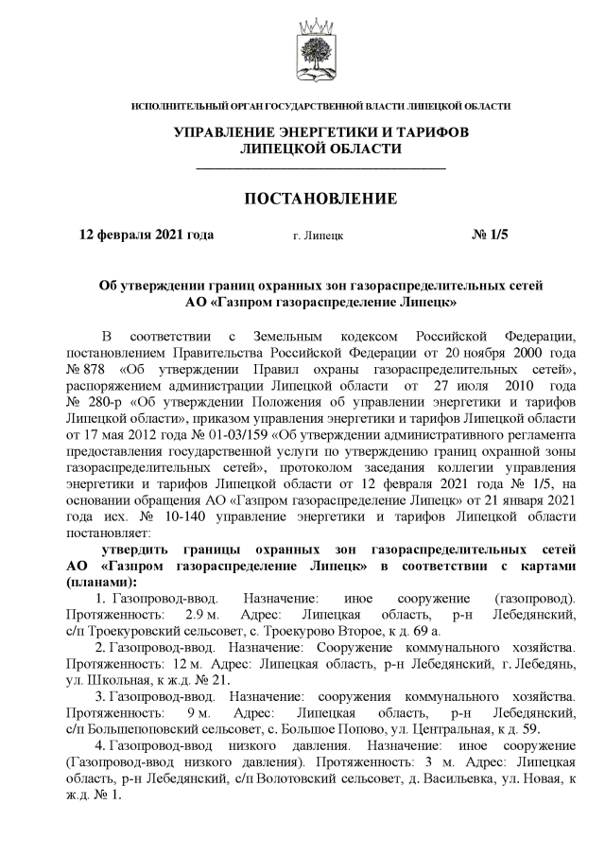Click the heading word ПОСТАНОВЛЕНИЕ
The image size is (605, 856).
click(320, 199)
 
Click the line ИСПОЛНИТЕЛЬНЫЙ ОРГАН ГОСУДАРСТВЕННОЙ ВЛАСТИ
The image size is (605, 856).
click(320, 106)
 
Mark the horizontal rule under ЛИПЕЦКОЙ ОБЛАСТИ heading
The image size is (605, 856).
click(320, 167)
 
